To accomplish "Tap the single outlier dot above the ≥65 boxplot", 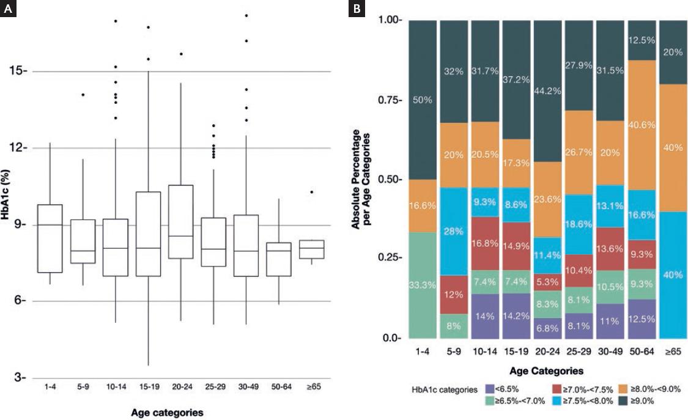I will tap(311, 192).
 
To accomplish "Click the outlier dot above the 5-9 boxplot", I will tap(83, 95).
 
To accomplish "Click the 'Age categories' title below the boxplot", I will tap(167, 413).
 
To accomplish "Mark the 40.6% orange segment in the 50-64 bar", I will tap(643, 125).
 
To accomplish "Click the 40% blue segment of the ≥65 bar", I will tap(674, 275).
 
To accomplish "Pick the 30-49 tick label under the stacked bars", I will tap(611, 353).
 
